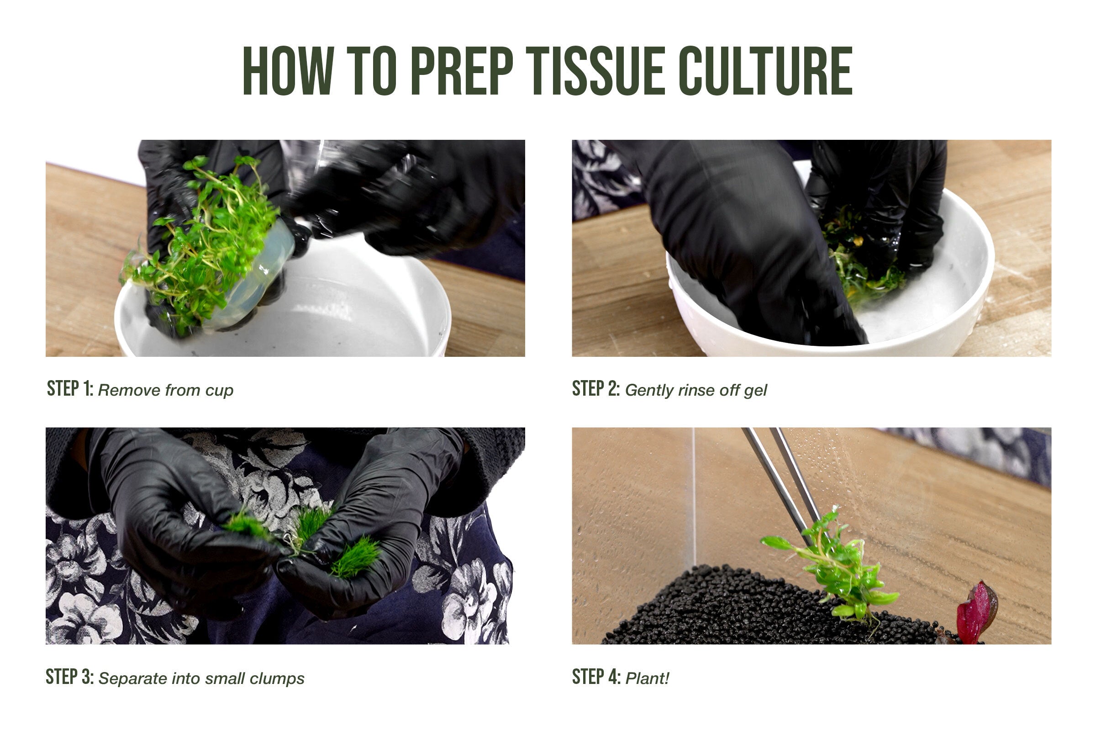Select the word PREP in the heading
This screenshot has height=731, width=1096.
(x=462, y=70)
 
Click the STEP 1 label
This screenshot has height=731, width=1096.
(x=70, y=388)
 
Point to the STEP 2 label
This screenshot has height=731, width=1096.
(x=595, y=388)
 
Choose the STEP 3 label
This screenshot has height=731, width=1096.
(x=70, y=677)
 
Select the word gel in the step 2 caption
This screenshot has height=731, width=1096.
(x=755, y=391)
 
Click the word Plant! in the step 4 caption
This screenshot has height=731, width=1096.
(x=647, y=678)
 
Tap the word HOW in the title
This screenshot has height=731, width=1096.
(x=288, y=70)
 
